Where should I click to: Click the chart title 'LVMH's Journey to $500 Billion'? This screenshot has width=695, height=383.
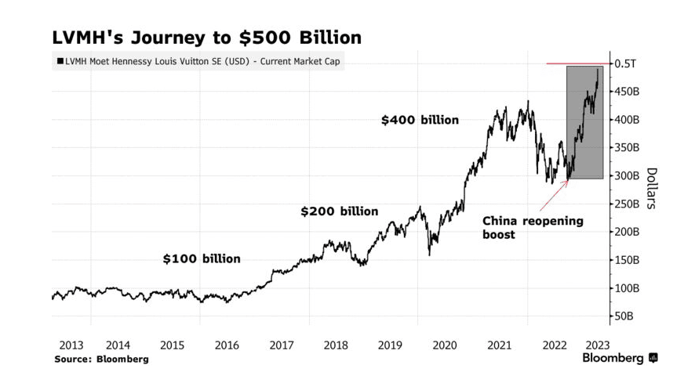206,37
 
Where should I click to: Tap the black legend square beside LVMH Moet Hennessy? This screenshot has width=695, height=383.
60,61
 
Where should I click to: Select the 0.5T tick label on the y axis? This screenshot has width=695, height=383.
624,63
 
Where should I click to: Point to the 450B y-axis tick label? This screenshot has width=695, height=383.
628,92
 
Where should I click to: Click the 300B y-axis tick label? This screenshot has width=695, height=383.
628,175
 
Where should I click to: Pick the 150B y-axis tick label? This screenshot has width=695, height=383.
628,260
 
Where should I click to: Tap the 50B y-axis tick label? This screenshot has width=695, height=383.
625,316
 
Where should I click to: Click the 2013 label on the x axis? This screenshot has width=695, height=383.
71,345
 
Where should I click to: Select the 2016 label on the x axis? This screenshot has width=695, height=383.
227,345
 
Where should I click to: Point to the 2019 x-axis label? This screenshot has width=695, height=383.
390,345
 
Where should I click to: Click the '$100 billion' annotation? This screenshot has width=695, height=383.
202,258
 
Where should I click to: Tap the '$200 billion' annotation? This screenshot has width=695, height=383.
340,211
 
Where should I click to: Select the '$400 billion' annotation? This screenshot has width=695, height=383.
420,120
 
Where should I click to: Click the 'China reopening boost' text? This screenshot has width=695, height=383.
533,227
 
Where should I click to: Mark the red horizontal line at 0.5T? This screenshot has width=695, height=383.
577,63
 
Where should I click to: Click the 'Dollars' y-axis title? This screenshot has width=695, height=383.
651,188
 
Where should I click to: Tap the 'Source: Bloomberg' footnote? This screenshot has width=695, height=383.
101,359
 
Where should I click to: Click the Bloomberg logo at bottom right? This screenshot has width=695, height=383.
620,358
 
